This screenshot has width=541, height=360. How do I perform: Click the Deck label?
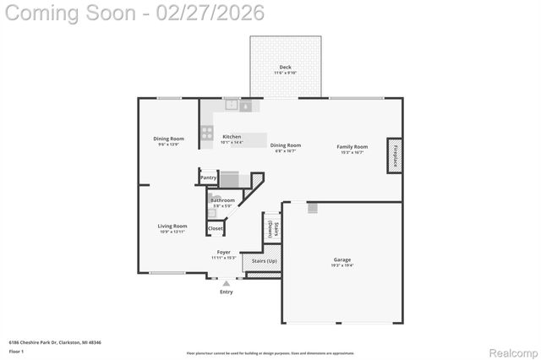[286, 67]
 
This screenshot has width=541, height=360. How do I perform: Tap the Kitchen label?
[231, 137]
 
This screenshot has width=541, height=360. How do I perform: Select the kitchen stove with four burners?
[207, 133]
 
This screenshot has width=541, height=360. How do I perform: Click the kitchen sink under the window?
[231, 106]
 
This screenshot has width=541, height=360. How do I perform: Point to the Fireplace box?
[394, 155]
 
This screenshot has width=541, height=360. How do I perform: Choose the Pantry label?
[209, 177]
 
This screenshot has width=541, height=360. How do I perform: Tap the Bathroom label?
[222, 200]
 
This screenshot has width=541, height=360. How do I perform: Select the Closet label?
[216, 228]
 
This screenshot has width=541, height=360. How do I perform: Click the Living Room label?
[172, 226]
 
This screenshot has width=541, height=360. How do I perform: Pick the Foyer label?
[223, 252]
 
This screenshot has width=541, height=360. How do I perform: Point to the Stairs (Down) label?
[271, 228]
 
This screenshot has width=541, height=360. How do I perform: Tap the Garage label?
[342, 259]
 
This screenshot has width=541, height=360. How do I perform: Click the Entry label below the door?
[226, 292]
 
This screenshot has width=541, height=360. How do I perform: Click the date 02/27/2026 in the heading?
[210, 13]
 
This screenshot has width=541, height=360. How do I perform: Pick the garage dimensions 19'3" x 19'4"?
[342, 265]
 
